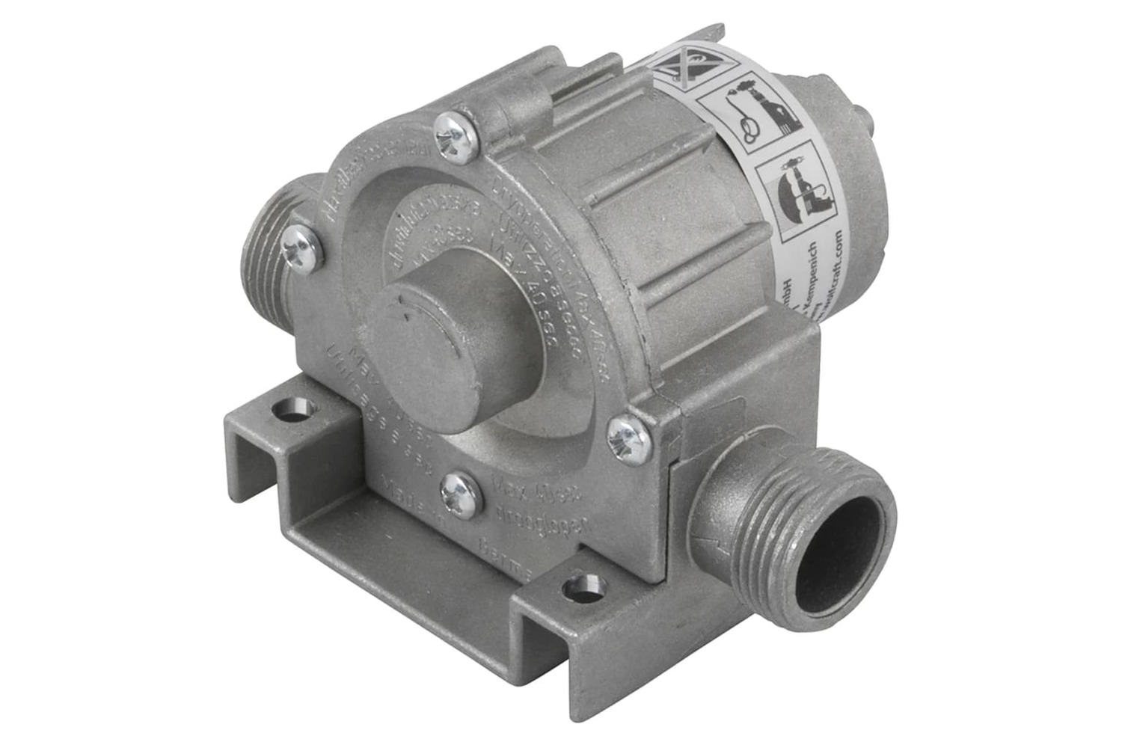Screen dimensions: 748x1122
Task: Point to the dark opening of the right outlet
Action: pyautogui.click(x=844, y=542)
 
